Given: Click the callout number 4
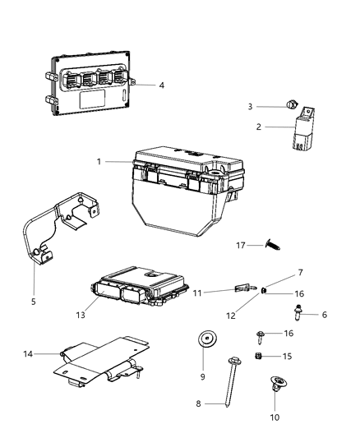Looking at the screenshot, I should tap(161, 85).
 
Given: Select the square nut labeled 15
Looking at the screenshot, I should tap(256, 355).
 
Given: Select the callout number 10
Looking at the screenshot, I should tap(275, 417).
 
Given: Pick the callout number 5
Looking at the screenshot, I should tap(34, 302).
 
